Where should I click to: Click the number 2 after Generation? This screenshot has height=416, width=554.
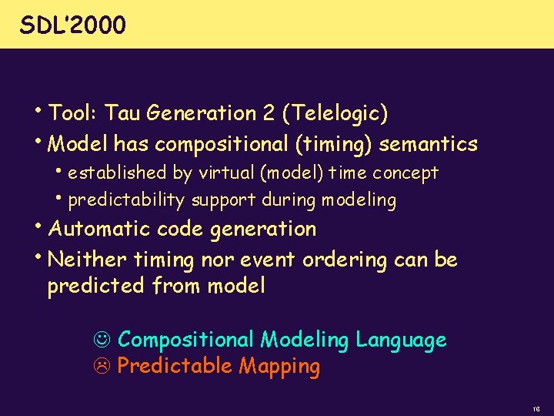269,114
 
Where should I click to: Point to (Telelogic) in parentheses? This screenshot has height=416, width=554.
335,115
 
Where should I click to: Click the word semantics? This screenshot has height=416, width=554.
429,144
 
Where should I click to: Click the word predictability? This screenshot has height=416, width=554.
126,201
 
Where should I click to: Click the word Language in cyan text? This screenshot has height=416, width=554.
401,340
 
